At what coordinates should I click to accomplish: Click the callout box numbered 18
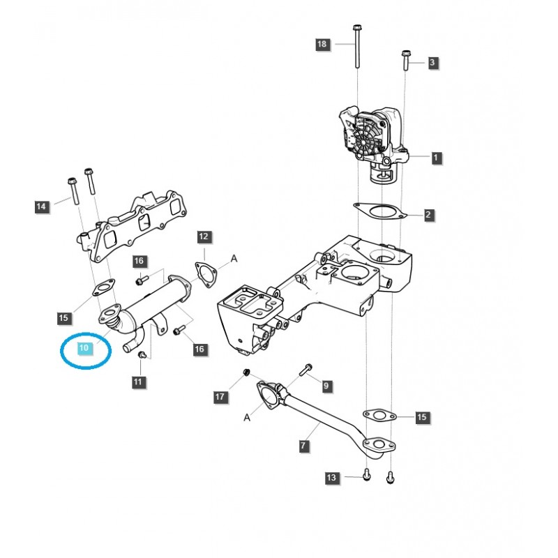(x=322, y=44)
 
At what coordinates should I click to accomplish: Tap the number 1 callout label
(x=436, y=158)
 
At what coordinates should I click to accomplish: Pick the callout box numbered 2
(x=428, y=215)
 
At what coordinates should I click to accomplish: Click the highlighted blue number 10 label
(x=84, y=347)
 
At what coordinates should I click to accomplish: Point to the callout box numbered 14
(x=41, y=206)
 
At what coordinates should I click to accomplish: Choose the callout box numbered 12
(x=203, y=237)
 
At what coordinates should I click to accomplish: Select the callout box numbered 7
(x=303, y=445)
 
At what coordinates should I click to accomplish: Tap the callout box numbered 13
(x=331, y=478)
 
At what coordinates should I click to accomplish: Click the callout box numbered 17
(x=220, y=397)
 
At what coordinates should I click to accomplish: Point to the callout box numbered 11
(x=137, y=382)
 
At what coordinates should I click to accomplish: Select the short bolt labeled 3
(x=406, y=61)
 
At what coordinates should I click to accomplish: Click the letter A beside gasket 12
(x=234, y=259)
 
